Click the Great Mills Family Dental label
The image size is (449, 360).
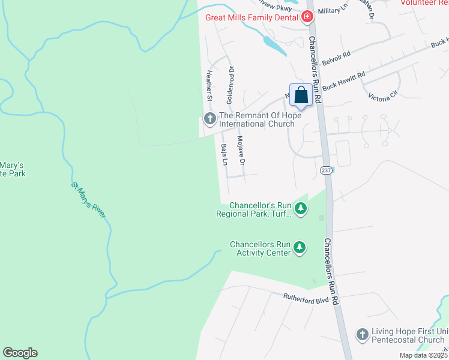(x=252, y=17)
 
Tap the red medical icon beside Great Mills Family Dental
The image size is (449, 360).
(x=308, y=17)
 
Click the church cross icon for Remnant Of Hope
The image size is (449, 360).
(x=209, y=119)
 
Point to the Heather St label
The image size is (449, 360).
(x=209, y=85)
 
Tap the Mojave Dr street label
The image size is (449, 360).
(x=242, y=151)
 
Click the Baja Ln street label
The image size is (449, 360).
(x=224, y=155)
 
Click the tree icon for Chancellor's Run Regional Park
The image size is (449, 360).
(x=301, y=209)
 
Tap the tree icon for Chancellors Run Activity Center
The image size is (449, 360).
(x=299, y=248)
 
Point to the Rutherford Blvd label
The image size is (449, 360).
(x=307, y=298)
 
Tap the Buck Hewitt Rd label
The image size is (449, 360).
(x=343, y=82)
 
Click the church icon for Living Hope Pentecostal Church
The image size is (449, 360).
(x=362, y=335)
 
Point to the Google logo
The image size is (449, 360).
(x=20, y=353)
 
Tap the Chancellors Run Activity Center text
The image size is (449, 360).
(x=260, y=248)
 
